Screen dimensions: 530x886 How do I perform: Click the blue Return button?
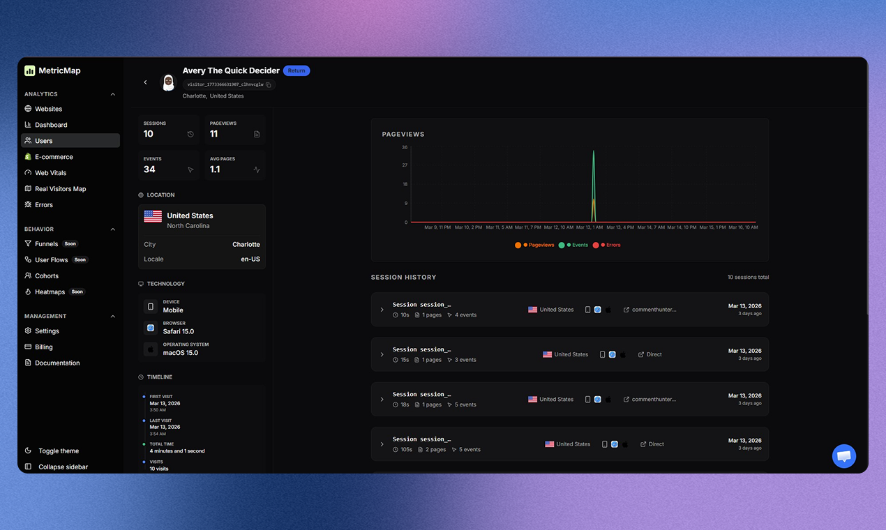296,70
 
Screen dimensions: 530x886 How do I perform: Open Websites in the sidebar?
48,109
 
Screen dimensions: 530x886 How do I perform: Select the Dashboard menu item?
51,125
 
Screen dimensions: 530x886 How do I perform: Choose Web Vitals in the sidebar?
50,173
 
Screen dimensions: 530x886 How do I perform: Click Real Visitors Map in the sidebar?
60,189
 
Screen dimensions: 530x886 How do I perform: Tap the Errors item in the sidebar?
43,205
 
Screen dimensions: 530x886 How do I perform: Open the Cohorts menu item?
47,276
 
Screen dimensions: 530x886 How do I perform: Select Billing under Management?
43,347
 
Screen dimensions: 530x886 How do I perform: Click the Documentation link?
57,363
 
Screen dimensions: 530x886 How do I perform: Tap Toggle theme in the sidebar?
59,451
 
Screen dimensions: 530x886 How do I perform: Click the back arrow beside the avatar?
145,82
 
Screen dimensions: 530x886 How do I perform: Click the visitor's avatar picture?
168,82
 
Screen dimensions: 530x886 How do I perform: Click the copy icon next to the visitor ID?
269,85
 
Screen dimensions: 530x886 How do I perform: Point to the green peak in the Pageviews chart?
594,153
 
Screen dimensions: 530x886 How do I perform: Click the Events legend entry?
578,245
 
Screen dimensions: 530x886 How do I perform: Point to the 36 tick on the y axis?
405,147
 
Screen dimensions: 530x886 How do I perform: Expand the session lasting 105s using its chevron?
382,444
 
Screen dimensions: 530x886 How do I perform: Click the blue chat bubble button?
844,456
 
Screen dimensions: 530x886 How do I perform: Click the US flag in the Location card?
153,216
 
